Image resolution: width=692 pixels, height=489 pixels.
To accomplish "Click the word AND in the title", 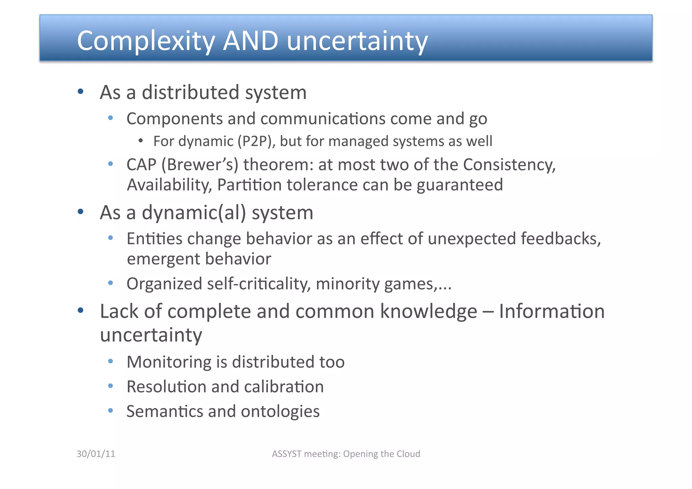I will coord(251,41).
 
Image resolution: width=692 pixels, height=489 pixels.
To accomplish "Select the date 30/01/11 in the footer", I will coord(96,454).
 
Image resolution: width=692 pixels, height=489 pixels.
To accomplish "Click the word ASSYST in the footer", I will coord(287,454).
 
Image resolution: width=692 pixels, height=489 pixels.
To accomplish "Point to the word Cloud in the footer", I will coord(408,454).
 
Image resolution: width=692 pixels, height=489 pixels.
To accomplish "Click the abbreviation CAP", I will coord(141,165).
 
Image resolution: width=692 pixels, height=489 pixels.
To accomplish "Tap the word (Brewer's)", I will coord(200,165).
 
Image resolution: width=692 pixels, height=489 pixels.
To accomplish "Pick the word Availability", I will coord(169,185).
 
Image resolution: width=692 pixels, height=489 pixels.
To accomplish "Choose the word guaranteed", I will coord(460,185).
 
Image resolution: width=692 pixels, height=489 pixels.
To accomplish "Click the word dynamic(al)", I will coord(194,213).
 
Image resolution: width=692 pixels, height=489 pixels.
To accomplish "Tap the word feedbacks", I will coord(561,239).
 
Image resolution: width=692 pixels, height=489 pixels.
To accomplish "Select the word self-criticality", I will coord(259,284).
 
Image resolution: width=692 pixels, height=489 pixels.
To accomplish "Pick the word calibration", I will coord(284,387).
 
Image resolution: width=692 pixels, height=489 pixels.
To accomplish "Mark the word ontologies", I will coord(280,412).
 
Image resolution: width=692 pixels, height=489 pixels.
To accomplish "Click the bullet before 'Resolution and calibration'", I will coord(110,386).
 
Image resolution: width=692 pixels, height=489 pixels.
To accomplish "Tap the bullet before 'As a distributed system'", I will coord(80,91).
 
